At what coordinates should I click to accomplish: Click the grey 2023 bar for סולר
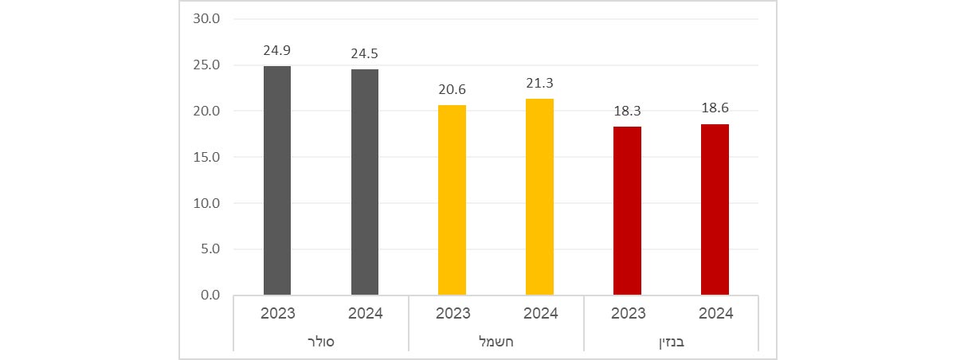pyautogui.click(x=277, y=181)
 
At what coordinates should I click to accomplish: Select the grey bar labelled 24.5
pyautogui.click(x=365, y=182)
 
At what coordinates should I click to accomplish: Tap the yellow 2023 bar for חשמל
pyautogui.click(x=453, y=200)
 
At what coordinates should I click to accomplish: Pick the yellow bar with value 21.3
pyautogui.click(x=540, y=197)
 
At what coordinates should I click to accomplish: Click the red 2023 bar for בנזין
pyautogui.click(x=627, y=211)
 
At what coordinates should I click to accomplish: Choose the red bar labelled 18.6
pyautogui.click(x=715, y=209)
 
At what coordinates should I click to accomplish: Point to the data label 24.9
pyautogui.click(x=277, y=51)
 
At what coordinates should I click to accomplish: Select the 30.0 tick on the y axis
pyautogui.click(x=206, y=19)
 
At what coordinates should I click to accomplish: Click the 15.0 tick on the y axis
pyautogui.click(x=206, y=157)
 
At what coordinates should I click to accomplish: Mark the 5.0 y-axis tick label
pyautogui.click(x=210, y=249)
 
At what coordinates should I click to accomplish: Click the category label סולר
pyautogui.click(x=321, y=342)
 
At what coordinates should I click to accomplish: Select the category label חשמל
pyautogui.click(x=496, y=342)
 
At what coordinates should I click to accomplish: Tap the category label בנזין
pyautogui.click(x=671, y=342)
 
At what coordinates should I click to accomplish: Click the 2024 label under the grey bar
pyautogui.click(x=365, y=313)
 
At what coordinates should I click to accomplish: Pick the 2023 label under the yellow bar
pyautogui.click(x=453, y=313)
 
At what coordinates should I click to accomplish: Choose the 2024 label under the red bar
pyautogui.click(x=715, y=313)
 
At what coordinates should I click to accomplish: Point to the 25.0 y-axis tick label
pyautogui.click(x=206, y=65)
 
